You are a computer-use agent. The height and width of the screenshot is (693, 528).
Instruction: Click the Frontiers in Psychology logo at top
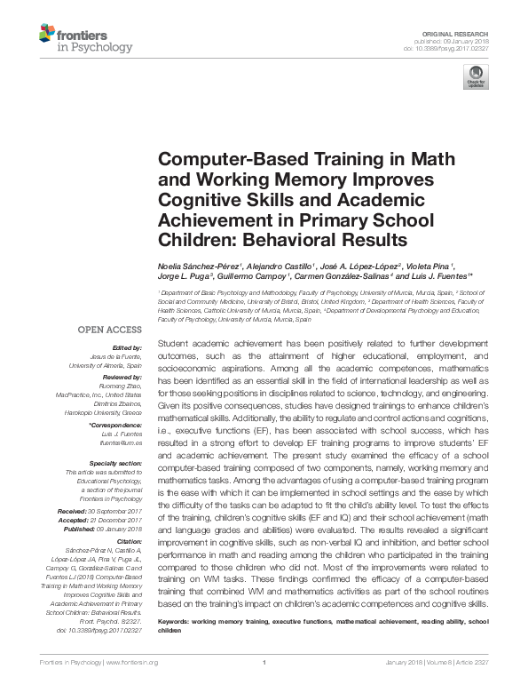pyautogui.click(x=85, y=39)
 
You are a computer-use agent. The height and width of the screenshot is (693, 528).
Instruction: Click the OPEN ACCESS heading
pyautogui.click(x=112, y=329)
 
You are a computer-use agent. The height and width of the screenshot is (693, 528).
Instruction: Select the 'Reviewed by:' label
pyautogui.click(x=120, y=377)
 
